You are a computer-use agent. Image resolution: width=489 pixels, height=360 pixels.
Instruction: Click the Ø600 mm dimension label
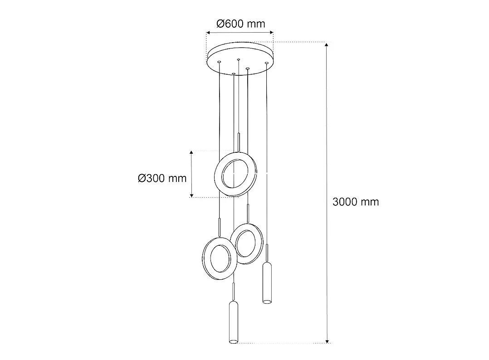tap(240, 24)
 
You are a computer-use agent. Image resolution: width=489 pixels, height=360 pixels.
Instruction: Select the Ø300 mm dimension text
tap(162, 178)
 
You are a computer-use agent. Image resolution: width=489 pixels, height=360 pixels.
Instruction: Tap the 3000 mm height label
tap(356, 202)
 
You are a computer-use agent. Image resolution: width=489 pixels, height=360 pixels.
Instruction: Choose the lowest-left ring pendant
tap(220, 258)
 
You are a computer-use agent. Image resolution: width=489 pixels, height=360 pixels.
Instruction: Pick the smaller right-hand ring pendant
tap(247, 243)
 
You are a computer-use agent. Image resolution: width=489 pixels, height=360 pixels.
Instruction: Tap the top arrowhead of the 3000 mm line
tap(328, 44)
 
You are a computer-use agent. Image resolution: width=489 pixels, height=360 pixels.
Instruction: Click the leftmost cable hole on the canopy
tap(219, 62)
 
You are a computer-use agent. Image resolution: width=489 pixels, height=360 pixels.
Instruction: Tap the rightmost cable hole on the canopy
tap(267, 63)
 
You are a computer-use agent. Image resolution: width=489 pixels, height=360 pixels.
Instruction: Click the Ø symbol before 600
tap(220, 24)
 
